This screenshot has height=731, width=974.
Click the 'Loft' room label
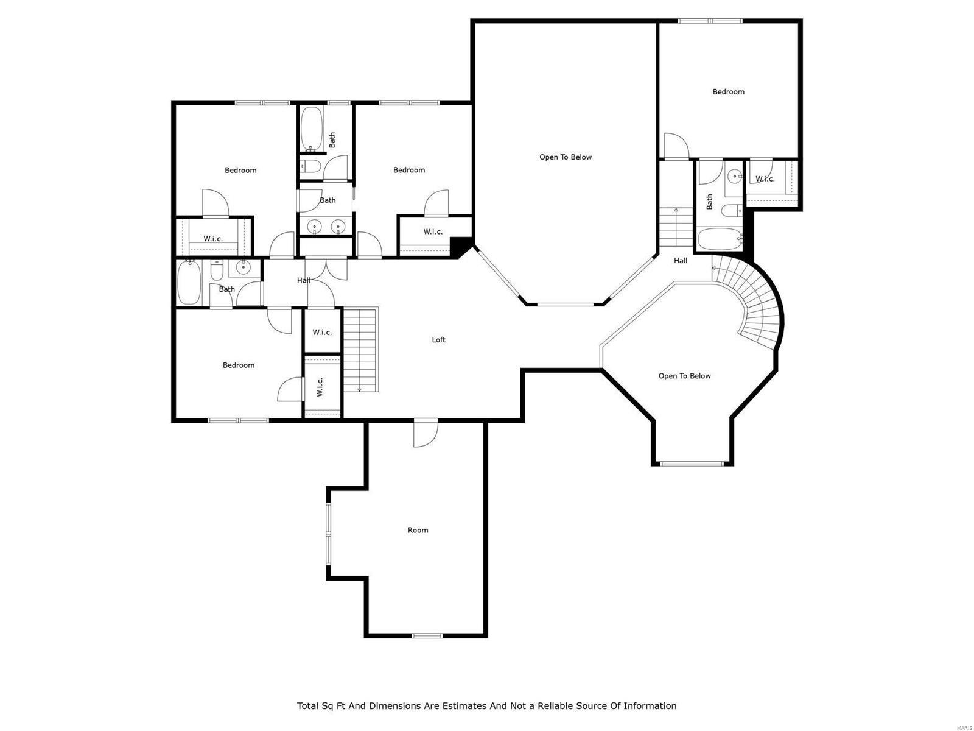(x=438, y=340)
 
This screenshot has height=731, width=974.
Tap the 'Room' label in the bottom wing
(x=418, y=530)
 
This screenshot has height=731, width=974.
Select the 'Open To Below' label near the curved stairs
(x=684, y=376)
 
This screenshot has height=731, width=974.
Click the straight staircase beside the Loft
(x=360, y=350)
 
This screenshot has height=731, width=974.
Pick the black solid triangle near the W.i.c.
(x=460, y=247)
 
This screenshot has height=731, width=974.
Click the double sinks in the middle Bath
(x=326, y=227)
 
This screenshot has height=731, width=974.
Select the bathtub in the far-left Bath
(x=189, y=283)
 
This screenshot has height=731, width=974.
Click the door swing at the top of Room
(x=424, y=434)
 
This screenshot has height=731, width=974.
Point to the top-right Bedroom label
(x=728, y=92)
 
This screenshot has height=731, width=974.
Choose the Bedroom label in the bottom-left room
(x=238, y=365)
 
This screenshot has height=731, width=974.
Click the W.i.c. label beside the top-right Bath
(x=765, y=179)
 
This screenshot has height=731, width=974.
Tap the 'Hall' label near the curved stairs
(x=680, y=261)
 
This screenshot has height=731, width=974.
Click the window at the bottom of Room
(x=427, y=636)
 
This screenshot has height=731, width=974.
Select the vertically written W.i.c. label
(x=320, y=387)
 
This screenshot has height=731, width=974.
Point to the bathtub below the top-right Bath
(x=719, y=239)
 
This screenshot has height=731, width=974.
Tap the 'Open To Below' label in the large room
(x=565, y=157)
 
